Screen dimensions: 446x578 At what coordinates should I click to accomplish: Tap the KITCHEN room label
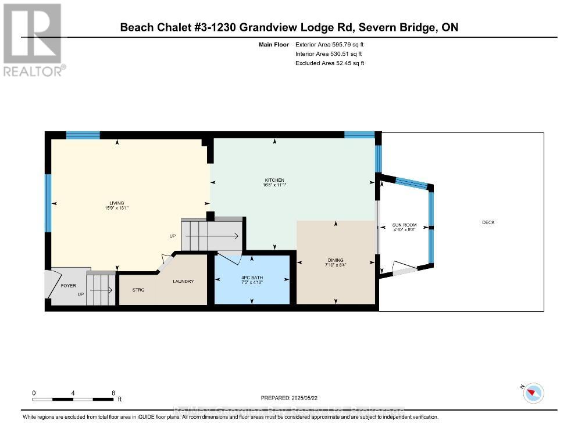[x=274, y=180]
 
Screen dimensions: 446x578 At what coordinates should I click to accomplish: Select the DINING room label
[x=336, y=260]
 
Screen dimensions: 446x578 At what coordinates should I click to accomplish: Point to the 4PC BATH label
[x=252, y=278]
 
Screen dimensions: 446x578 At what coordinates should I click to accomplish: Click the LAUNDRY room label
[x=183, y=281]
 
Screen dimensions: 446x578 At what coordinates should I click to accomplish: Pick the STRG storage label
[x=138, y=289]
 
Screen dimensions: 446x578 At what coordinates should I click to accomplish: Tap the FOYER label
[x=69, y=286]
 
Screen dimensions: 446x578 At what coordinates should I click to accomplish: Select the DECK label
[x=488, y=222]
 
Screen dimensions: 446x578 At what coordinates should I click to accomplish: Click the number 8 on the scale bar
[x=113, y=393]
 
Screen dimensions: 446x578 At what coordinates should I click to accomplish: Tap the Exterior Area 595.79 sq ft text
[x=329, y=44]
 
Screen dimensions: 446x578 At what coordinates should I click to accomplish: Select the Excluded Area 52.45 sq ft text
[x=329, y=63]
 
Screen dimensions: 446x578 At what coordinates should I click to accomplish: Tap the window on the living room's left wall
[x=49, y=203]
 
